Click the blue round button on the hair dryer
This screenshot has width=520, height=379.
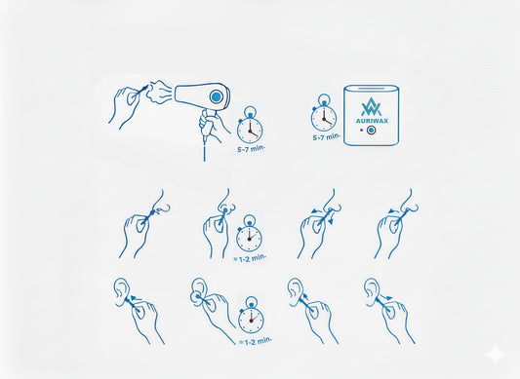(x=216, y=96)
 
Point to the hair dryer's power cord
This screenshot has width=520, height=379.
(x=204, y=148)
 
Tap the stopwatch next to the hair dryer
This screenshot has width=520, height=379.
(x=250, y=125)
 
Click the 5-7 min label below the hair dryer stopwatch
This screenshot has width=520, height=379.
(x=251, y=149)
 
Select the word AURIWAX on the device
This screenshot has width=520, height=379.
(x=372, y=121)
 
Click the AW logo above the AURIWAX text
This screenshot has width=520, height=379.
(x=372, y=106)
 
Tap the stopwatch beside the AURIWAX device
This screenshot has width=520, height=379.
(x=324, y=113)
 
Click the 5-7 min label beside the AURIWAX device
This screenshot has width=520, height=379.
(x=326, y=136)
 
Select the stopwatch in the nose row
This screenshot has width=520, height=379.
(x=249, y=234)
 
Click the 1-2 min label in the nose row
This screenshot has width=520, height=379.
(x=250, y=257)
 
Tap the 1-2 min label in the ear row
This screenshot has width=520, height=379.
(x=256, y=341)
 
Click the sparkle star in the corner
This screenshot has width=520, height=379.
(x=496, y=354)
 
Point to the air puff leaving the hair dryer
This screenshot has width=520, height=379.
(x=158, y=92)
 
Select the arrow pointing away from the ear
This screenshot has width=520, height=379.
(x=386, y=296)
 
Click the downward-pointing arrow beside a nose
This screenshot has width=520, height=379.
(x=331, y=218)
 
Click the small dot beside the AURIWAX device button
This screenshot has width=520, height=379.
(x=362, y=131)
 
